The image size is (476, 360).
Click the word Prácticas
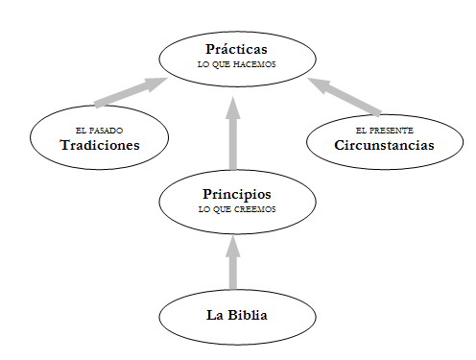coord(236,49)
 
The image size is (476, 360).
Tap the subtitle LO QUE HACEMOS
coord(237,64)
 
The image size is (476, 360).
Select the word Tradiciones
coord(100,145)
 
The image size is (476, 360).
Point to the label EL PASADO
coord(99,131)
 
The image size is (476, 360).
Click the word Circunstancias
coord(384,145)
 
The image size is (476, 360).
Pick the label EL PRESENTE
coord(385,131)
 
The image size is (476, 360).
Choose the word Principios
coord(237,195)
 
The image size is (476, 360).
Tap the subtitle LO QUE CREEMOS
coord(237,209)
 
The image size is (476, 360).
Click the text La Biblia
coord(237,315)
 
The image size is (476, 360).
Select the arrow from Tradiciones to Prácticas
coord(131,92)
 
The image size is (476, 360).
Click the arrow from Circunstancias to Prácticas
coord(345,97)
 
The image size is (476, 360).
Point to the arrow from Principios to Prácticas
coord(233,133)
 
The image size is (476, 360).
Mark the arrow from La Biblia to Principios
coord(233,263)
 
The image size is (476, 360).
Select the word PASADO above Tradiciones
coord(106,131)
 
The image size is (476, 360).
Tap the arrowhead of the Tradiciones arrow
coord(155,84)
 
